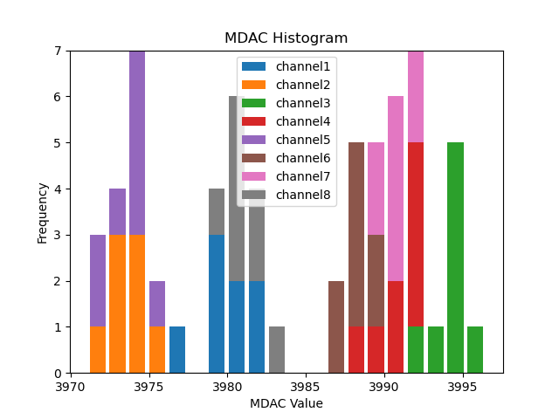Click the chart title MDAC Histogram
[x=286, y=38]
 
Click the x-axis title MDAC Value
[x=286, y=403]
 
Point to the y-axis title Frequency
[x=42, y=212]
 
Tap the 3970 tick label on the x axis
[x=71, y=386]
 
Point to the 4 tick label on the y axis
[x=59, y=189]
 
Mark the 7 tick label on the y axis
[x=59, y=51]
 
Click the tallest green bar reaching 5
[x=455, y=258]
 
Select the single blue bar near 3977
[x=177, y=350]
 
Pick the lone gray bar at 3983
[x=277, y=350]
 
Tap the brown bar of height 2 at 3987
[x=336, y=327]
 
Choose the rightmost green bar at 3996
[x=475, y=350]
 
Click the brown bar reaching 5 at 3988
[x=356, y=235]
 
